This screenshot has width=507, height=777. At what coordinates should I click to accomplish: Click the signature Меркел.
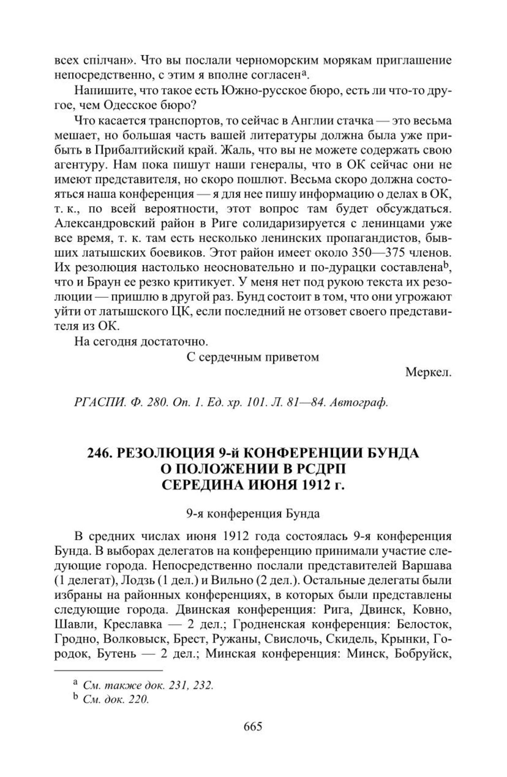[x=428, y=373]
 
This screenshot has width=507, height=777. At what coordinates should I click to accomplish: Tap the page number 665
[x=253, y=726]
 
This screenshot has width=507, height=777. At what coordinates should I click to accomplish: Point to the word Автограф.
[x=359, y=403]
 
